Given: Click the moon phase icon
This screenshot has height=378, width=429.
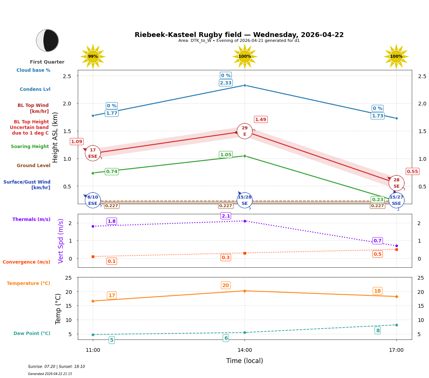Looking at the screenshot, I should point(47,40).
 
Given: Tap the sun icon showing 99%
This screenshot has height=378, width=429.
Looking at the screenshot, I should point(93,56).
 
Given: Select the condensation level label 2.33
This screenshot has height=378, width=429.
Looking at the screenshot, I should point(226,83).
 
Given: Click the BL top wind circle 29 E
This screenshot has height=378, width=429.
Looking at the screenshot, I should point(245,131).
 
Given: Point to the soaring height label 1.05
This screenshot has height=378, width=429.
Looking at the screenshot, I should point(226,155).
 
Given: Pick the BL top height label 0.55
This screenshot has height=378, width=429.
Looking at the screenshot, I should point(412,171).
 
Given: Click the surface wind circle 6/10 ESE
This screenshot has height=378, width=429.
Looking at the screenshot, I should point(93,200).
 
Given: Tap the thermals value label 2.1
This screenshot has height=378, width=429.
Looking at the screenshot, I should point(226,216).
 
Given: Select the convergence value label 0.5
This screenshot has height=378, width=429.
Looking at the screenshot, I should point(377,254).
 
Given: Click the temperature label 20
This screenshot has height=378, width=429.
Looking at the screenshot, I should point(226,285).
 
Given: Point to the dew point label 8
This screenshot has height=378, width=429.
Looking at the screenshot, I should point(377,331).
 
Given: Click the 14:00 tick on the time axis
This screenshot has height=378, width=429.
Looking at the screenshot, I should point(245,350).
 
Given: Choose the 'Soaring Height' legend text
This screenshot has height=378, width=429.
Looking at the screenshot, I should point(30,147).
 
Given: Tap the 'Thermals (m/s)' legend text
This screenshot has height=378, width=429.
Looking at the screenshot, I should point(31,219).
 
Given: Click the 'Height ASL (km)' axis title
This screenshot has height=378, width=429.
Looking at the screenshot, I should point(55,137).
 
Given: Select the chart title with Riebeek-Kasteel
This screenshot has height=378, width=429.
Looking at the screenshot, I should point(239,35).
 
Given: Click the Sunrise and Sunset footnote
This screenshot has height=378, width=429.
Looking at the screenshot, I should point(56,367).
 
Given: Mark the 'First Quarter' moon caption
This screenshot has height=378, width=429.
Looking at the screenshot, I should point(47,62).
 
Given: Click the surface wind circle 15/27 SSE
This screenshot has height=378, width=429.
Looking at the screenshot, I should point(396,200).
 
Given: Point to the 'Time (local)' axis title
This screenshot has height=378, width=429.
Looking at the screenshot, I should point(245,361).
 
